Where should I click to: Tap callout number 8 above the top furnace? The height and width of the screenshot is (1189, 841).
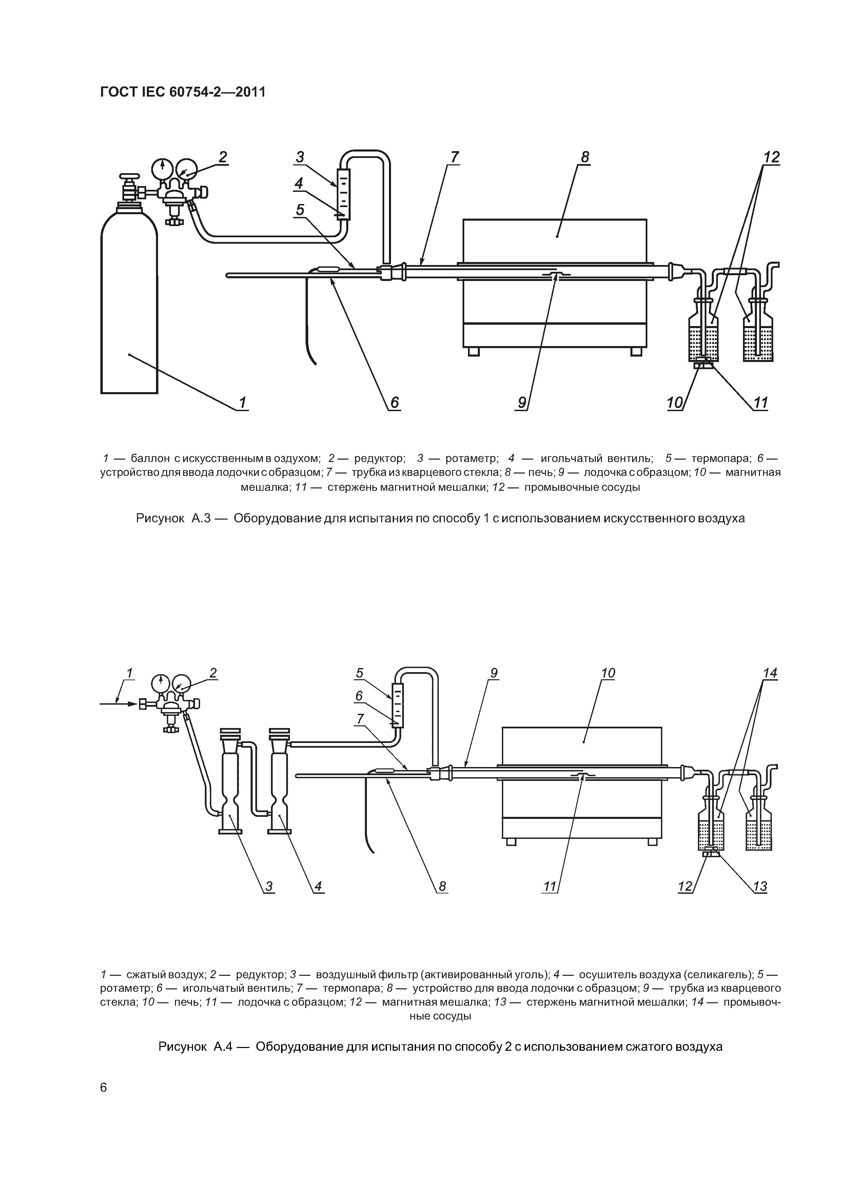[585, 157]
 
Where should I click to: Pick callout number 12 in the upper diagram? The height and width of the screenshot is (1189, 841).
[771, 157]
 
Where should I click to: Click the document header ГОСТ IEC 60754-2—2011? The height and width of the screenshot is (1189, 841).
[182, 92]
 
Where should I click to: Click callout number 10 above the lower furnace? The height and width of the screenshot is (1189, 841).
[608, 673]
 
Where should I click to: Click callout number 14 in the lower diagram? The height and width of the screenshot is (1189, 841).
[770, 673]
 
